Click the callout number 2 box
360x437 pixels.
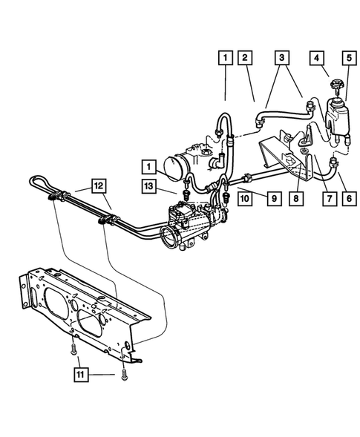point(246,57)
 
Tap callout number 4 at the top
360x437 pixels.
point(316,57)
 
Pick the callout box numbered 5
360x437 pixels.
point(347,57)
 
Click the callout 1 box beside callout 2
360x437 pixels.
point(224,57)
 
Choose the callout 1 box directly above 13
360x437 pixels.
point(149,167)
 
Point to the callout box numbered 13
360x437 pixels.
point(149,185)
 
